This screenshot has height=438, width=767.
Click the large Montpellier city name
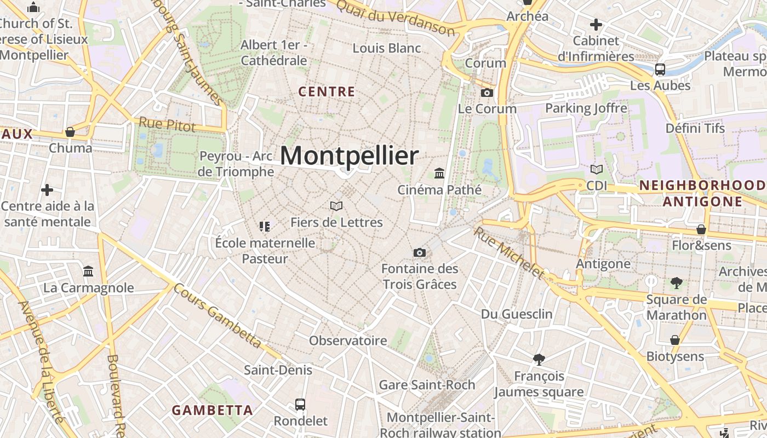[350, 155]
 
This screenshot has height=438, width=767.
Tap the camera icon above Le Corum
[486, 93]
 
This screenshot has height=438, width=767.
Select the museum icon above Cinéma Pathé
[439, 174]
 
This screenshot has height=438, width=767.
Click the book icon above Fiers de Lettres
[336, 206]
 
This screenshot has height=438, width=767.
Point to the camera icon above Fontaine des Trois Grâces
[420, 252]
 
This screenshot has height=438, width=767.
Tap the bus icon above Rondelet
[300, 405]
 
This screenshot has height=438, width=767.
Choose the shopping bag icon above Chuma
[70, 132]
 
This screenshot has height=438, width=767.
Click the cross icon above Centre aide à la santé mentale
[47, 190]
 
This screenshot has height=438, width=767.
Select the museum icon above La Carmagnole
[88, 271]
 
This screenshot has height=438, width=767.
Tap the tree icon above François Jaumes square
[539, 360]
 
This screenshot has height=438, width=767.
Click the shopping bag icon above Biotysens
[675, 340]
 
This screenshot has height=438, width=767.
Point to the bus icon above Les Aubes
[660, 70]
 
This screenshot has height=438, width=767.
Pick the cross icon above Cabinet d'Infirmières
[596, 25]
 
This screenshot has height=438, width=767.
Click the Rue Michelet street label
[510, 253]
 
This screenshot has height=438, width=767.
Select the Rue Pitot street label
[167, 125]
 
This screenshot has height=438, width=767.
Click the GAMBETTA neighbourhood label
[212, 410]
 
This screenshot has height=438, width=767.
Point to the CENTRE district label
[327, 91]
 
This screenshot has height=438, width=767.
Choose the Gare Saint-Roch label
[427, 385]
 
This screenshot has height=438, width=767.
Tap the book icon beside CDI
[597, 170]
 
